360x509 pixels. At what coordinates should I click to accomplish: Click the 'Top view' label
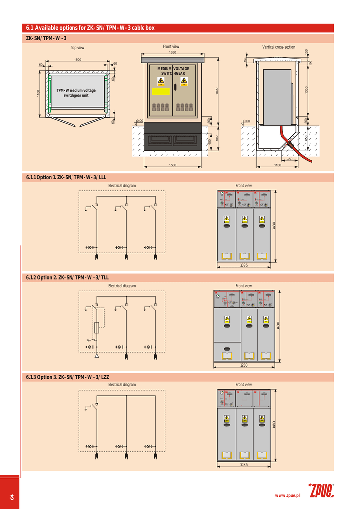tap(77, 48)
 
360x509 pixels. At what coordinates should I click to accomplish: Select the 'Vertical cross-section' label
tap(279, 47)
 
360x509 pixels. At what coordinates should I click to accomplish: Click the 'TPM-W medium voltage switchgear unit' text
tap(76, 93)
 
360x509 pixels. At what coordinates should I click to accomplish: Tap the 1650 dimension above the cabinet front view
tap(172, 52)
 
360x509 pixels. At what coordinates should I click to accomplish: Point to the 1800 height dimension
tap(217, 91)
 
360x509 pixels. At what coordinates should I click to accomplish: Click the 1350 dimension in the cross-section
tap(307, 90)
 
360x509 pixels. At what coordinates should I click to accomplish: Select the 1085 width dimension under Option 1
tap(243, 266)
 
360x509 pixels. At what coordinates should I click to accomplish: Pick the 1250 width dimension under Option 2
tap(243, 365)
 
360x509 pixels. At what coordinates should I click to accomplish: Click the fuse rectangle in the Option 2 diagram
tap(97, 327)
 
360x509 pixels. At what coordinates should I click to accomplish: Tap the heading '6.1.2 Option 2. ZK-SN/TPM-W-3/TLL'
tap(67, 277)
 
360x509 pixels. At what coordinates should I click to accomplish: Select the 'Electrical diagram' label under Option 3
tap(122, 385)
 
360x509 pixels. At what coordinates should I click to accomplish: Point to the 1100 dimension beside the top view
tap(38, 93)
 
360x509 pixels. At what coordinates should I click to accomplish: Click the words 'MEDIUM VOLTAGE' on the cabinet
tap(173, 68)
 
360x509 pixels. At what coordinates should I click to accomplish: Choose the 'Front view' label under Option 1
tap(243, 186)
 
